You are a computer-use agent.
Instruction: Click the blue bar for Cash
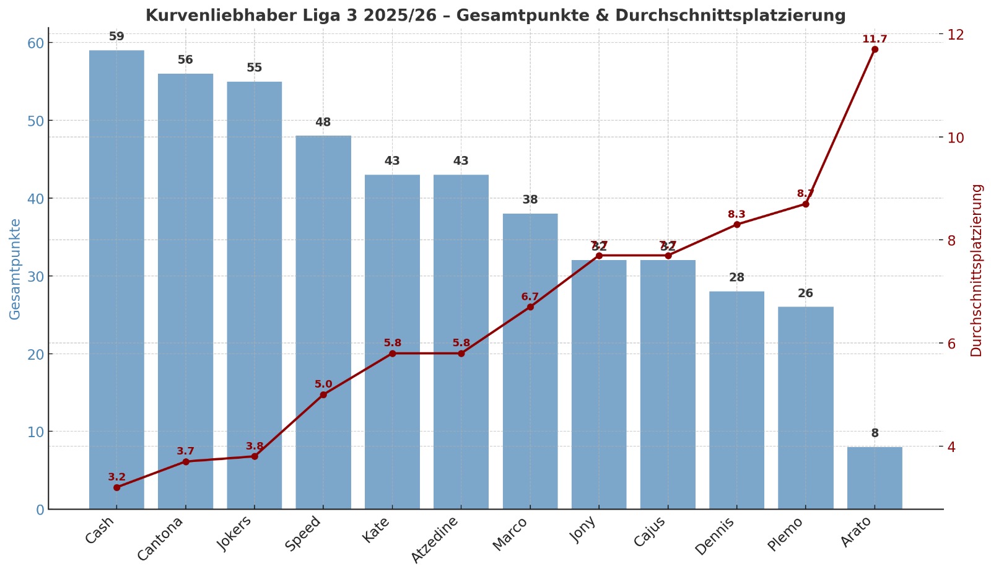[116, 279]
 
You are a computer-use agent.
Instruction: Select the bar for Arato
[875, 477]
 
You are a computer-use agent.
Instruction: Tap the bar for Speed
[323, 322]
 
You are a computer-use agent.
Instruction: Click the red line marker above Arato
[875, 50]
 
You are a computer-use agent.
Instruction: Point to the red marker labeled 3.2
[116, 487]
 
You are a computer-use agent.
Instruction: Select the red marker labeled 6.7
[530, 307]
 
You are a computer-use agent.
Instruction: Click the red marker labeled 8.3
[736, 224]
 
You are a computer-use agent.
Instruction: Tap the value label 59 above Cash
[116, 37]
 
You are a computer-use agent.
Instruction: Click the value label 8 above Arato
[875, 433]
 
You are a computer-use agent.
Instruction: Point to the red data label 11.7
[875, 39]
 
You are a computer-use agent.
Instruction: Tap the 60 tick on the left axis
[36, 43]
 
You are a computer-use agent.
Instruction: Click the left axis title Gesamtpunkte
[15, 269]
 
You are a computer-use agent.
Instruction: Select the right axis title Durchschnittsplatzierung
[977, 270]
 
